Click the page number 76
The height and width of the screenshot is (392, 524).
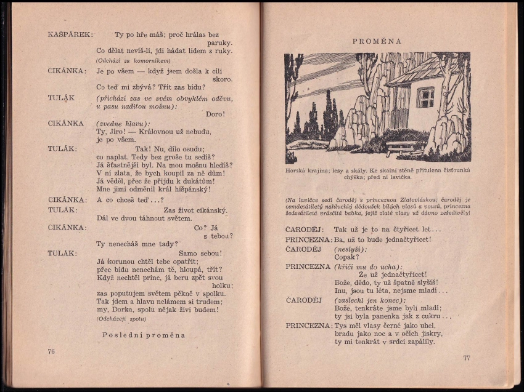coord(51,351)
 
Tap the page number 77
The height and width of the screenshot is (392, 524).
coord(467,358)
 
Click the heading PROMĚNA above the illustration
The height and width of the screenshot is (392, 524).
coord(377,41)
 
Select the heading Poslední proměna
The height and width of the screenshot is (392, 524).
coord(143,335)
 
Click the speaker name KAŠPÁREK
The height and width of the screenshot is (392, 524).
coord(70,34)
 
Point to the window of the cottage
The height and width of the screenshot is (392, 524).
coord(425,97)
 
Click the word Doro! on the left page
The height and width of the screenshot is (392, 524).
coord(215,114)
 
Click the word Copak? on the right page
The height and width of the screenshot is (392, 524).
coord(346,257)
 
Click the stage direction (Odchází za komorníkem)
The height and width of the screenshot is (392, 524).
coord(133,60)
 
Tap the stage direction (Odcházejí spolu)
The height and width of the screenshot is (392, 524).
coord(121,319)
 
